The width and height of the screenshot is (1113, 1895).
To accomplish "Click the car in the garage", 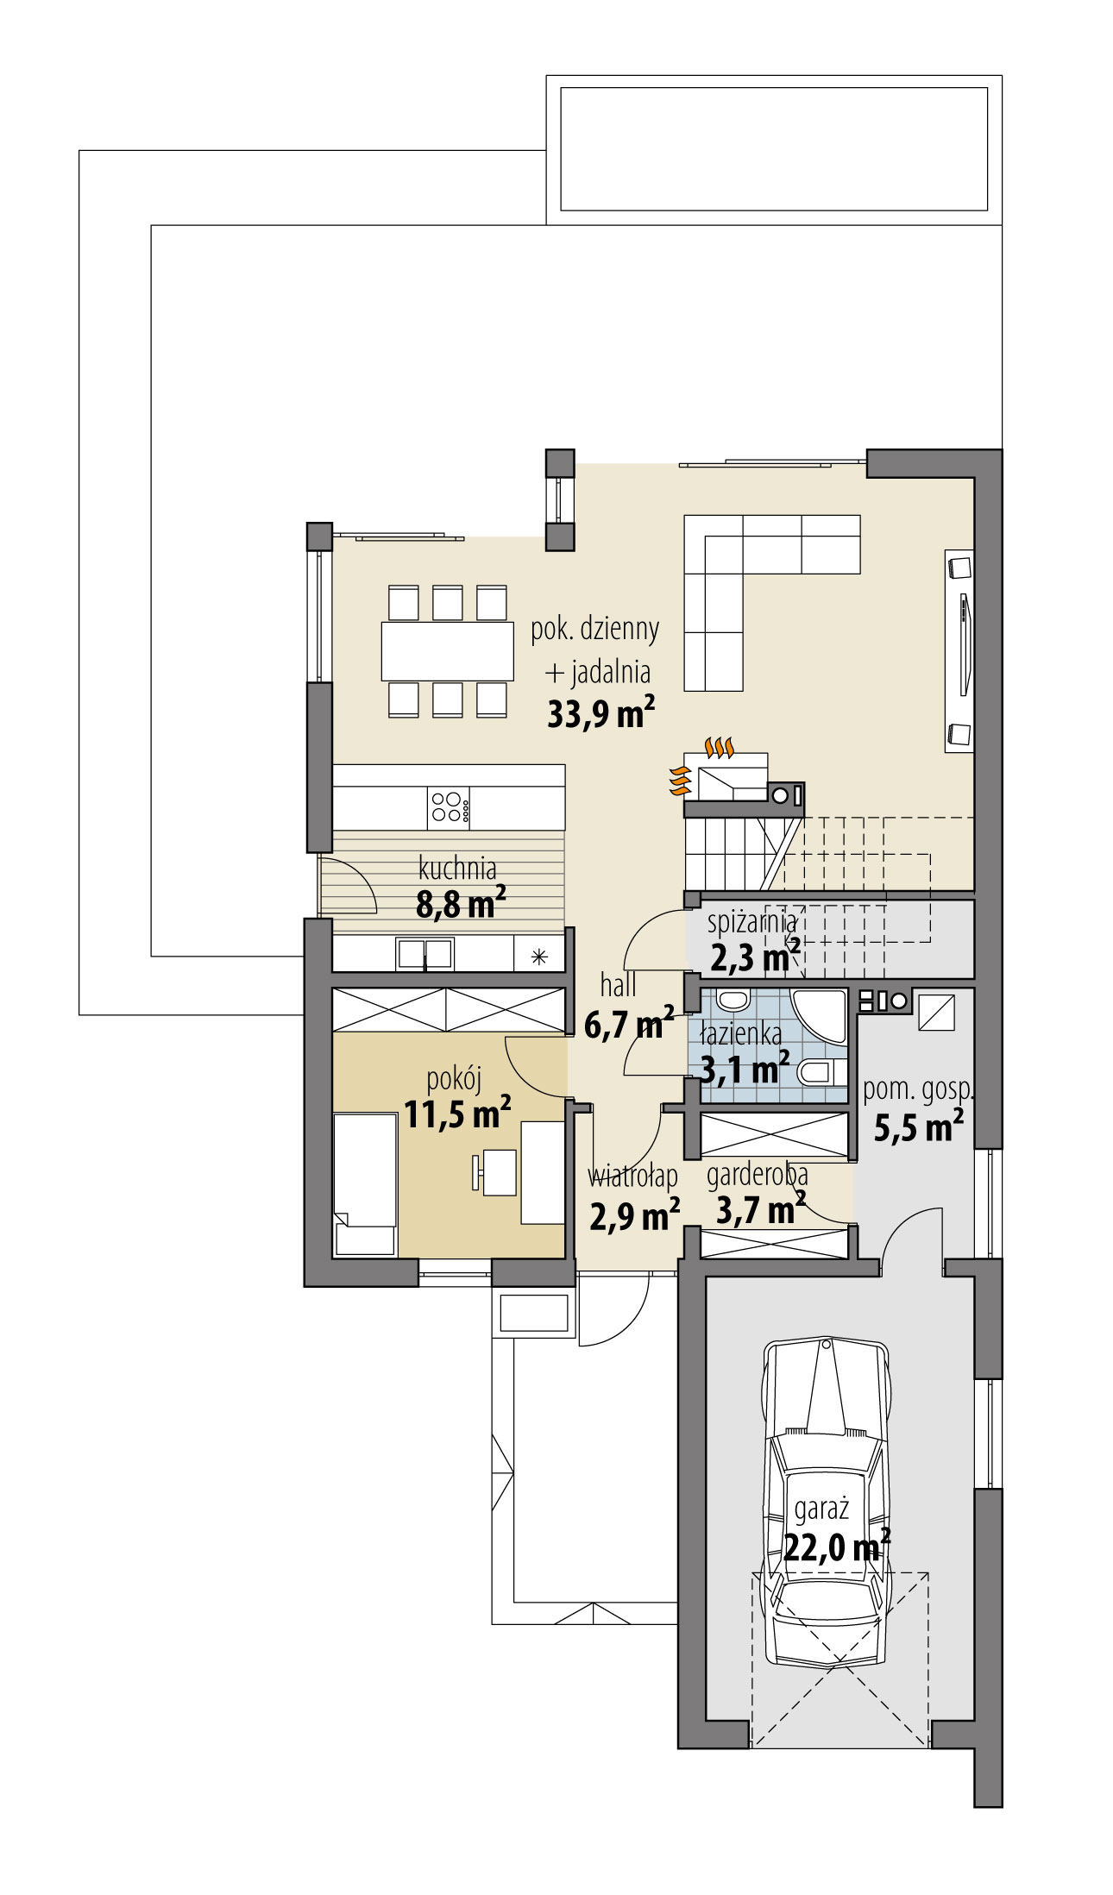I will [x=826, y=1501].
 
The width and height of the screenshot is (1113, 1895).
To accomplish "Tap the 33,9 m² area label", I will [x=601, y=714].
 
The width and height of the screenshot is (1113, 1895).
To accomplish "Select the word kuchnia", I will [x=456, y=867].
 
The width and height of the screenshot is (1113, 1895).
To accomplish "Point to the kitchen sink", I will [x=424, y=953].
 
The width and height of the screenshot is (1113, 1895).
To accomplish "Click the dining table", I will [x=447, y=651].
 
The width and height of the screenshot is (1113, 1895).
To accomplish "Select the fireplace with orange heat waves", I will [x=725, y=776].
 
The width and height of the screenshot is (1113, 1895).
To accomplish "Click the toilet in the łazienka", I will [x=820, y=1073].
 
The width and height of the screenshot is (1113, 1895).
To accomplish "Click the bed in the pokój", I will [x=365, y=1182].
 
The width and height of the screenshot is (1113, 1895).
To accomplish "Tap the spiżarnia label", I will [x=751, y=921].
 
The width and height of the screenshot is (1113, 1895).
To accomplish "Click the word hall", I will [x=618, y=984].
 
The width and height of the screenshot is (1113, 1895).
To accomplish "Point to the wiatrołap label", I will [x=632, y=1176].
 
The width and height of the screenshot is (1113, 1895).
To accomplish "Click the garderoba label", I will [x=757, y=1174].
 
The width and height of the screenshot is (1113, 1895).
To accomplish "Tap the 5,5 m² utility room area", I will [x=918, y=1127].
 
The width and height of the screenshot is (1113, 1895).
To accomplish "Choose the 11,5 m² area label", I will [x=457, y=1114].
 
